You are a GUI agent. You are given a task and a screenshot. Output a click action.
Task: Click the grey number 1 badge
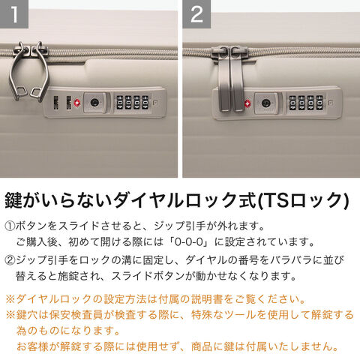point(14,13)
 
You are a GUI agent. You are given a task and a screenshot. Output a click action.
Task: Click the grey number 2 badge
point(196,13)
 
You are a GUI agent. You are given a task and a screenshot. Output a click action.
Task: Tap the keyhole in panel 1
point(94,102)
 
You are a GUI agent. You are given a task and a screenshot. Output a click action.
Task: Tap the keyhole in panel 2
point(265,103)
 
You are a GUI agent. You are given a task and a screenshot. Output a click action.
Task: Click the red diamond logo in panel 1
point(76,103)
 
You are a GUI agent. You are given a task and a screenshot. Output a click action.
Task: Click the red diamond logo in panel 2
point(247,103)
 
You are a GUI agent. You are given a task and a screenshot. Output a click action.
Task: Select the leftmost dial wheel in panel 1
point(120,102)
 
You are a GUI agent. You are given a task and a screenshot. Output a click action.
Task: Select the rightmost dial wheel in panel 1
point(145,102)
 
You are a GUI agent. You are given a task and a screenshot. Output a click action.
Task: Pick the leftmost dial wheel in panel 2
point(292,103)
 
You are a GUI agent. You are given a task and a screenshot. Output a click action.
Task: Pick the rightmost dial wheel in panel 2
point(319,103)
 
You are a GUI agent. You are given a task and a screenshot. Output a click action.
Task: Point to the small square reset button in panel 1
point(155,103)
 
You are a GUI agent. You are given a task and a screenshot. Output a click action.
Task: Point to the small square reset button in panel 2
point(330,103)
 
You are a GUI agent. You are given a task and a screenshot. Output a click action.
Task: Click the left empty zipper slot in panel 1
point(56,103)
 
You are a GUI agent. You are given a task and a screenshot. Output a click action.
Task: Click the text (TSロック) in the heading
point(303,200)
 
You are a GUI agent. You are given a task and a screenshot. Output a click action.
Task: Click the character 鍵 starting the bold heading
point(14,200)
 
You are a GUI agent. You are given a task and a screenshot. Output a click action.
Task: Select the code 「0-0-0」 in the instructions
point(189,242)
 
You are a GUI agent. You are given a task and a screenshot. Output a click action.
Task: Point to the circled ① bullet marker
point(10,226)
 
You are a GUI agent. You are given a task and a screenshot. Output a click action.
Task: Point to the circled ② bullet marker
point(10,260)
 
